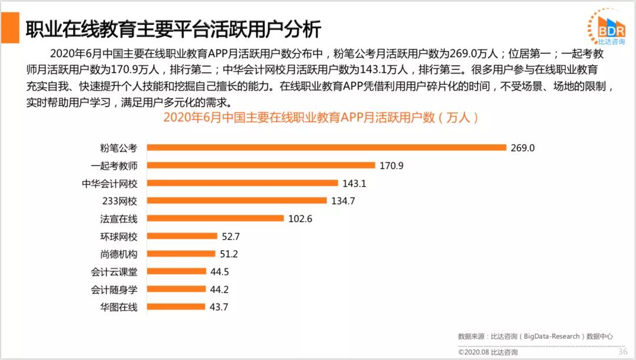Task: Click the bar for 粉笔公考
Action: tap(326, 148)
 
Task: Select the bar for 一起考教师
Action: tap(260, 166)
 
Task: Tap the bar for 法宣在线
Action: tap(215, 219)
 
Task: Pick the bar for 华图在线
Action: tap(175, 307)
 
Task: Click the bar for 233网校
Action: tap(236, 201)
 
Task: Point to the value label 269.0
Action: tap(523, 148)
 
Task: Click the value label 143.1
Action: tap(355, 183)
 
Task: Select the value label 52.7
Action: tap(231, 236)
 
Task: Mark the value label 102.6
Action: tap(300, 219)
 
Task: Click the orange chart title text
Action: tap(320, 117)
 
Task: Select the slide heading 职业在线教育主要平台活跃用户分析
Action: tap(173, 29)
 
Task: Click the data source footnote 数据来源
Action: tap(535, 336)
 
